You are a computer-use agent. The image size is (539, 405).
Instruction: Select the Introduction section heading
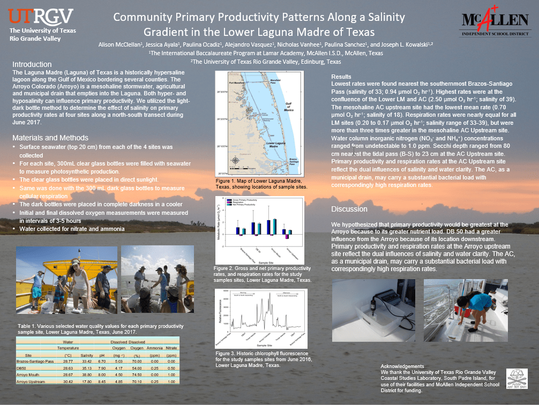tap(32, 64)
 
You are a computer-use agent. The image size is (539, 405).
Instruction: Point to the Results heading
tap(342, 77)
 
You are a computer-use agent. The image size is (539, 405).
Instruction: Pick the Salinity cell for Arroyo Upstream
tap(87, 381)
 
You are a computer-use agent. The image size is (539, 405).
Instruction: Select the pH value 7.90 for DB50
tap(101, 369)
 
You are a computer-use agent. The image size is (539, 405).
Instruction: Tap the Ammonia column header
tap(155, 355)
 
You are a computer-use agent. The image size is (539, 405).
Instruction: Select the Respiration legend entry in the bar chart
tap(238, 202)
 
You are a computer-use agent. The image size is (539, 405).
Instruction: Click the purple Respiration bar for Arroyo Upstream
tap(287, 236)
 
